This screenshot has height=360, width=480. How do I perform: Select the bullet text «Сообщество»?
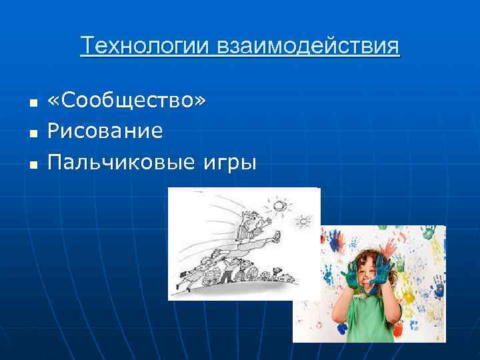(x=127, y=101)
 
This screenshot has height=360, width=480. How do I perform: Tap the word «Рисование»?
(x=105, y=131)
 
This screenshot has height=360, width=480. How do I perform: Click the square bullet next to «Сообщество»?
(x=31, y=103)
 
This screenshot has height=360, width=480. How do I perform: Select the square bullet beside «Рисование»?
(x=31, y=133)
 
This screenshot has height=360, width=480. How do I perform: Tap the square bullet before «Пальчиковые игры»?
(x=31, y=164)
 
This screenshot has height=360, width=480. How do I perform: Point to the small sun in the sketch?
(x=304, y=220)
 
